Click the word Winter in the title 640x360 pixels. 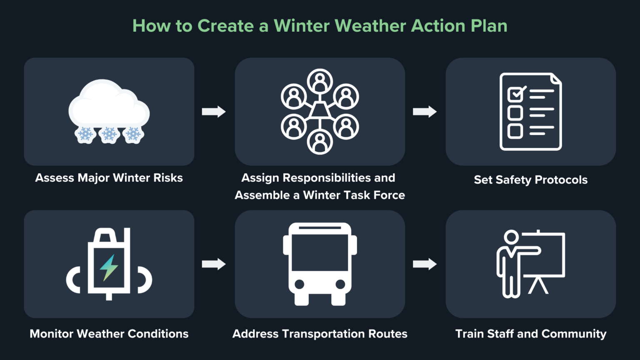tap(302, 26)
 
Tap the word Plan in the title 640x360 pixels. tap(489, 26)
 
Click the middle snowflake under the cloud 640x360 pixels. tap(109, 134)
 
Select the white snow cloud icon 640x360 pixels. tap(109, 104)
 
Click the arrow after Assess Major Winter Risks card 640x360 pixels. tap(214, 112)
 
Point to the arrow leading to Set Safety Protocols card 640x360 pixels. tap(425, 112)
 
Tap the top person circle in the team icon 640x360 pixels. tap(320, 81)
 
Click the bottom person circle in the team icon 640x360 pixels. tap(320, 142)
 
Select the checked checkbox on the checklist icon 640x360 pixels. tap(516, 94)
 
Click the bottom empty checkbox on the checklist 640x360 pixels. tap(515, 131)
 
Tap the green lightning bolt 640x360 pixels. tap(109, 267)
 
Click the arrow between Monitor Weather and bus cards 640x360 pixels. tap(214, 264)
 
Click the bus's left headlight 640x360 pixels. tap(299, 285)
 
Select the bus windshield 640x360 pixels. tap(320, 252)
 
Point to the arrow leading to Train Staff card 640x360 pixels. tap(425, 264)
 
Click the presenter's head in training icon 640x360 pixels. tap(511, 237)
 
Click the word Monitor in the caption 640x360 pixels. tap(52, 334)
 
